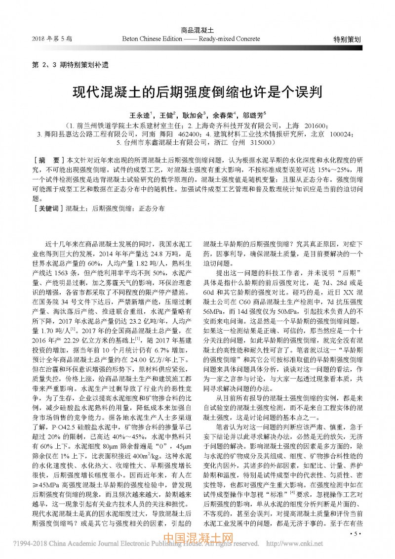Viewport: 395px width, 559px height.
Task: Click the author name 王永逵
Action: pyautogui.click(x=140, y=115)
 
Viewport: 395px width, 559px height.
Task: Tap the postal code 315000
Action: pyautogui.click(x=259, y=143)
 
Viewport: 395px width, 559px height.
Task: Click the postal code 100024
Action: pyautogui.click(x=341, y=134)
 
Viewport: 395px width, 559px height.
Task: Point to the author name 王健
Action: pyautogui.click(x=166, y=115)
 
